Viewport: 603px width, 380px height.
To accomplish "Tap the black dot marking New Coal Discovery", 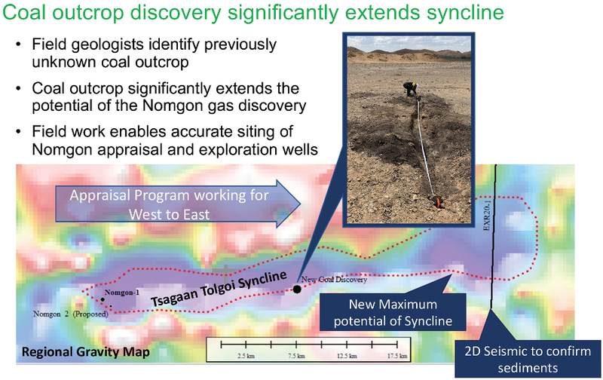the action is coord(297,290).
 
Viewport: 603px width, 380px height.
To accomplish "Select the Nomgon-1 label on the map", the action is coord(122,293).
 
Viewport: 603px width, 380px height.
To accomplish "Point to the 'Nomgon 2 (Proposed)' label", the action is coord(70,314).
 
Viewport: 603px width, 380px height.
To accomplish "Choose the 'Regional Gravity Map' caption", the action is coord(85,352).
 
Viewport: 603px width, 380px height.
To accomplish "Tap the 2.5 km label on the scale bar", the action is coord(246,356).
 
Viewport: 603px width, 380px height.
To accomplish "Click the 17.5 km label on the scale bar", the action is coord(397,356).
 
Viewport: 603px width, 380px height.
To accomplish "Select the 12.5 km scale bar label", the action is coord(347,356).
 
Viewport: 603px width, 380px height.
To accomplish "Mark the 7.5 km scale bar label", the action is coord(296,356).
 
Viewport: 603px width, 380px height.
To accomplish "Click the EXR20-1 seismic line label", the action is coord(486,215).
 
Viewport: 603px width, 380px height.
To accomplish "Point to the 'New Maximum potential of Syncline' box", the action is coord(393,312).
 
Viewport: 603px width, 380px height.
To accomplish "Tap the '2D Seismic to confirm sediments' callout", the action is coord(528,359).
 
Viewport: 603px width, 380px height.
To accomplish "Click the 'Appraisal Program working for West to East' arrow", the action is coord(178,204).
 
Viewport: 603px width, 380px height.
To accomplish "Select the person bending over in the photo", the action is coord(410,89).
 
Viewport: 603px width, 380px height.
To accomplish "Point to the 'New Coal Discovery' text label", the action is coord(334,280).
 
